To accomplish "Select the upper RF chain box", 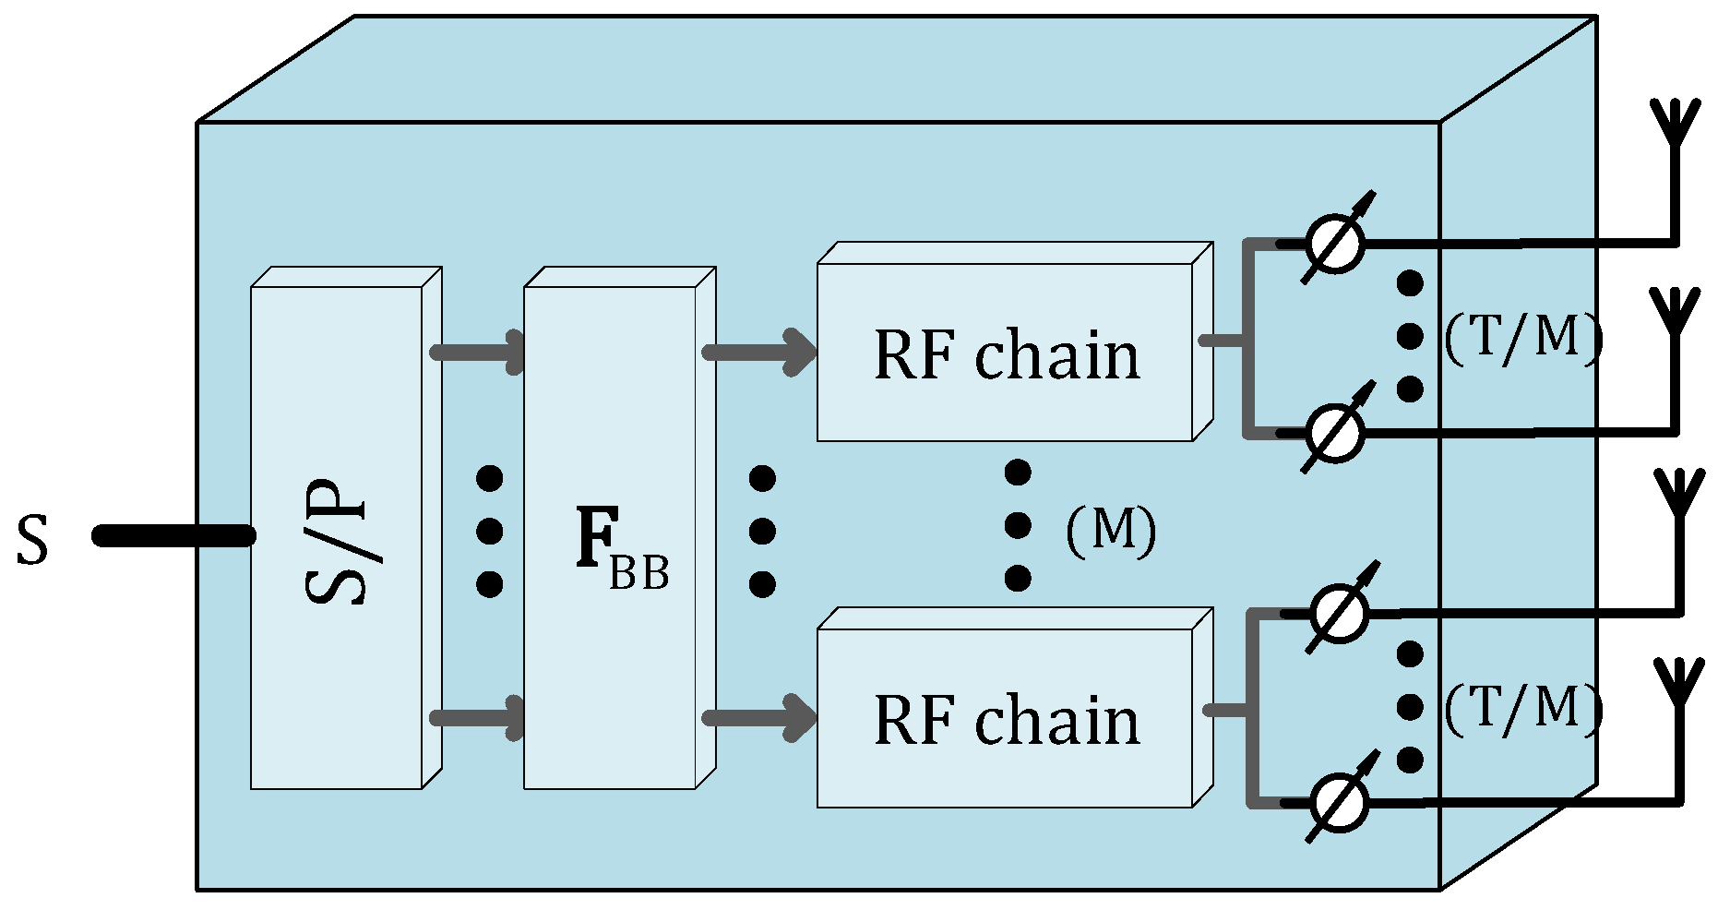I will click(x=1006, y=354).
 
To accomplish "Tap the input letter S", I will click(x=32, y=541).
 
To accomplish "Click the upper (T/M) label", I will click(x=1522, y=339).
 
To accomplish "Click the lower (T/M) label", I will click(x=1522, y=709).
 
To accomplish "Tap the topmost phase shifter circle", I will click(x=1335, y=243).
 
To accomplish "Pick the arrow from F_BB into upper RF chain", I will click(x=760, y=352).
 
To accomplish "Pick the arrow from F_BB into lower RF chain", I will click(x=760, y=718).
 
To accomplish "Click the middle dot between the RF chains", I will click(x=1018, y=526).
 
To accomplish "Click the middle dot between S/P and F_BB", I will click(x=489, y=531).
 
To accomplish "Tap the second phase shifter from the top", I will click(x=1335, y=432).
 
